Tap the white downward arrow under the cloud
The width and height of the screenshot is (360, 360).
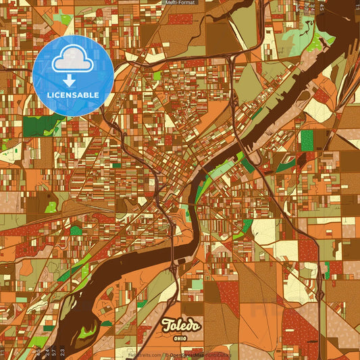pyautogui.click(x=73, y=80)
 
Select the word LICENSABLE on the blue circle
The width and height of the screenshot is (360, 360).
pyautogui.click(x=73, y=95)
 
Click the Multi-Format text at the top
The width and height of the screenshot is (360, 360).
pyautogui.click(x=180, y=3)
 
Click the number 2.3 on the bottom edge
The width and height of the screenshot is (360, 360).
pyautogui.click(x=63, y=352)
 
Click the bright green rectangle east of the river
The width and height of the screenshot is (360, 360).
pyautogui.click(x=307, y=140)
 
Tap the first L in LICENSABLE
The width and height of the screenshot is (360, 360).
pyautogui.click(x=48, y=95)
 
